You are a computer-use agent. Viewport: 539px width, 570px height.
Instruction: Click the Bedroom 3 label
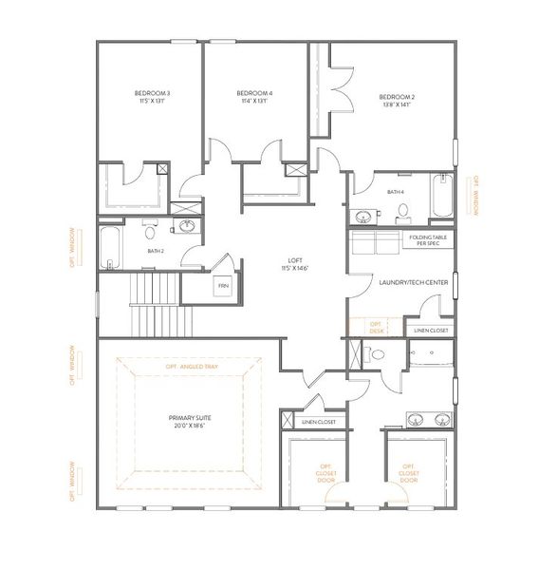click(x=154, y=96)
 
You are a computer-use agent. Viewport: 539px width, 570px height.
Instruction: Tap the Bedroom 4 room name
click(x=254, y=96)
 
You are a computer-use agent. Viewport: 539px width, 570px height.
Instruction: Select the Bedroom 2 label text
click(x=398, y=100)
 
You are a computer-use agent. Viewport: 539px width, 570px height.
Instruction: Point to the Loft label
click(x=301, y=262)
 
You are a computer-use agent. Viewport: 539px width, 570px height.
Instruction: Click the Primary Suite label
click(x=190, y=421)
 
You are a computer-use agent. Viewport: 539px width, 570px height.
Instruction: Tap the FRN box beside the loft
click(x=224, y=284)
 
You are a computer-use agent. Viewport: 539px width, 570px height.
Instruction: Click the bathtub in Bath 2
click(x=111, y=246)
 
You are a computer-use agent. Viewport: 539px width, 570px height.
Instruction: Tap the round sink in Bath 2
click(x=188, y=226)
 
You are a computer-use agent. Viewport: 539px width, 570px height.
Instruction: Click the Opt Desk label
click(x=377, y=327)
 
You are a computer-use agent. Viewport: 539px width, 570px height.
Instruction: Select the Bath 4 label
click(x=396, y=192)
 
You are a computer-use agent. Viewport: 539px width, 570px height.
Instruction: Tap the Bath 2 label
click(x=156, y=251)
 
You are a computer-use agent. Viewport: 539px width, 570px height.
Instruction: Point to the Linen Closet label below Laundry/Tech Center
click(x=431, y=330)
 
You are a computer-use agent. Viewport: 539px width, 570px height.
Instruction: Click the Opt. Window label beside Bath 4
click(x=477, y=196)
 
